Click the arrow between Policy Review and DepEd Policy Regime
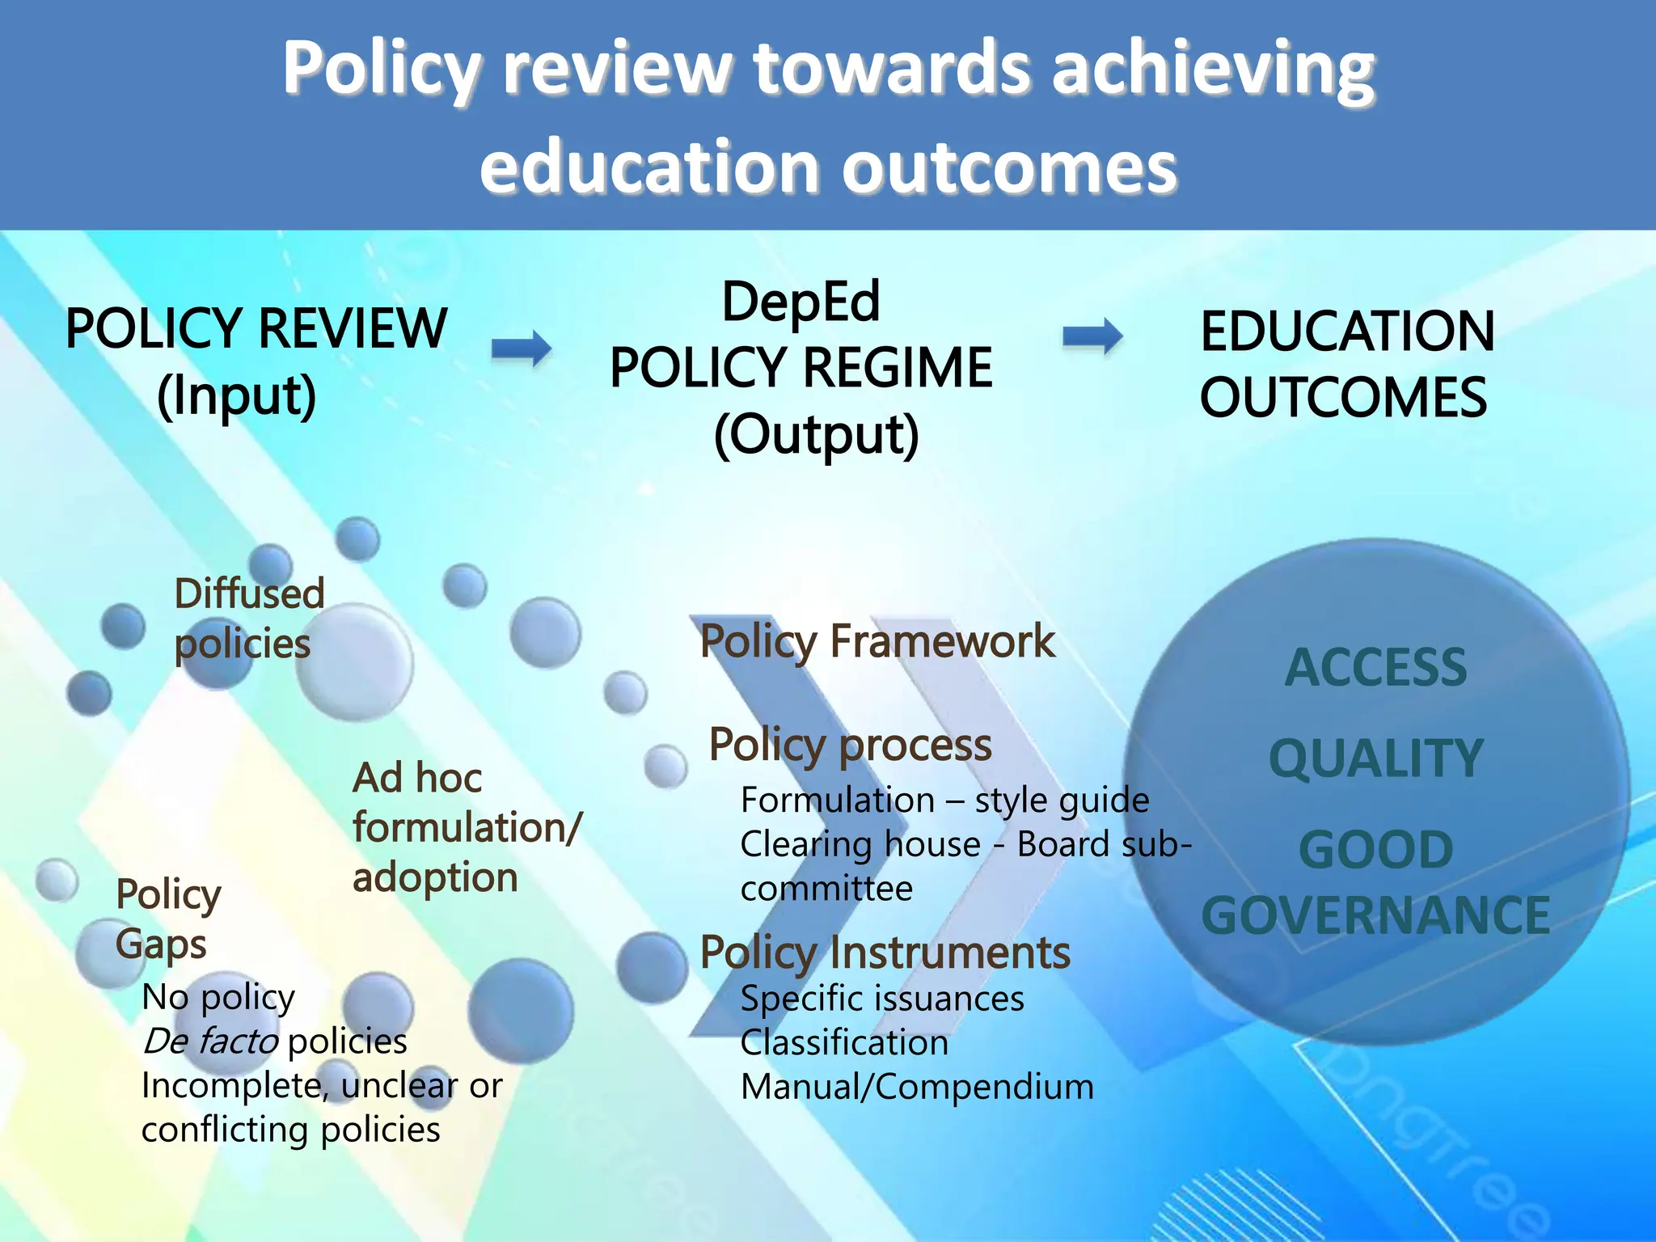coord(522,349)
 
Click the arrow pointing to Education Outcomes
coord(1092,336)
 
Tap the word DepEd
coord(801,302)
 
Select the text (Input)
coord(237,395)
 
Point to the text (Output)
coord(817,435)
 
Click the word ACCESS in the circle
coord(1375,668)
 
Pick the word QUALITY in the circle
coord(1375,758)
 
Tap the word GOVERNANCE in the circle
coord(1375,915)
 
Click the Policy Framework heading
coord(877,642)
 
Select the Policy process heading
coord(850,745)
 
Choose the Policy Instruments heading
coord(885,953)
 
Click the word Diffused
coord(250,594)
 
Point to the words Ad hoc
coord(417,778)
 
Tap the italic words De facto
coord(211,1041)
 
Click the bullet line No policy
coord(218,998)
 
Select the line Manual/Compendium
coord(917,1088)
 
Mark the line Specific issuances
coord(882,999)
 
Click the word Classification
coord(844,1043)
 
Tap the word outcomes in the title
coord(1009,168)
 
